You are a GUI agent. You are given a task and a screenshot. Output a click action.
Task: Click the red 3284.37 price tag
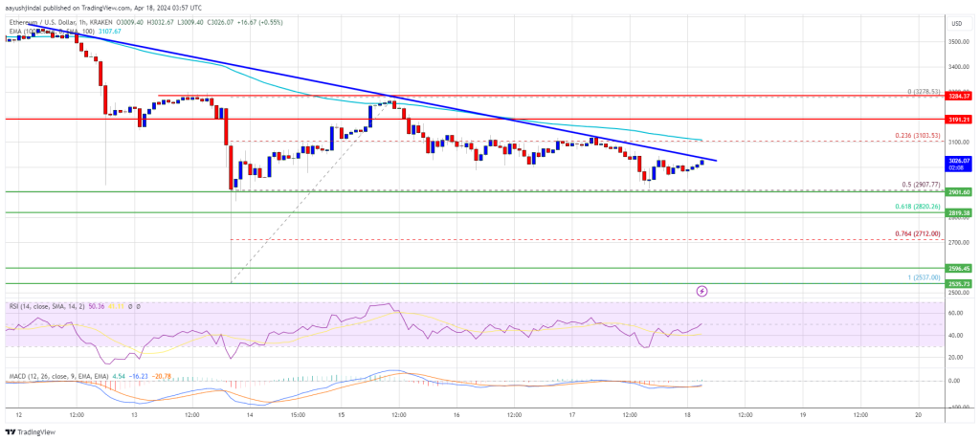click(959, 96)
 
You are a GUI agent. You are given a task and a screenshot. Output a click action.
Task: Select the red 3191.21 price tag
click(959, 120)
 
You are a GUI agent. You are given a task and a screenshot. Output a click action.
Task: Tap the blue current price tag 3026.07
click(959, 161)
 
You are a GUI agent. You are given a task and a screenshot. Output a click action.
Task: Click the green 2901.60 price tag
click(959, 191)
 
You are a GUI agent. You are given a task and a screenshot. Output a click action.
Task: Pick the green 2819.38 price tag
click(959, 212)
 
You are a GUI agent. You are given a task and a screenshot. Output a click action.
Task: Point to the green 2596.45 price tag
click(959, 269)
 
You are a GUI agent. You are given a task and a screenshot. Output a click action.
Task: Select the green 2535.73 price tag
click(959, 284)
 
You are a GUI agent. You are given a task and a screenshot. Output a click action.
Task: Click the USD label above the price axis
click(956, 22)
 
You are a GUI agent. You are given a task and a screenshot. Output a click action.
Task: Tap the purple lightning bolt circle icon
click(702, 290)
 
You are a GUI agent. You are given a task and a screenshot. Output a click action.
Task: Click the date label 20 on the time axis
click(918, 415)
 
